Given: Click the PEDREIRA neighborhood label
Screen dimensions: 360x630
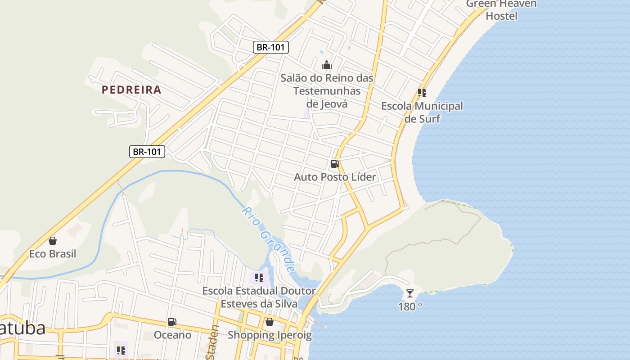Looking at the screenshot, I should [x=131, y=90].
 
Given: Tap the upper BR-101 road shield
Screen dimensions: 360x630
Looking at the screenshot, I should [x=270, y=47].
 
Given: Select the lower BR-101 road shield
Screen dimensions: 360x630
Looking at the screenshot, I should [x=147, y=152].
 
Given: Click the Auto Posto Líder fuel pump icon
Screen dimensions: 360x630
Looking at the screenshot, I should [x=335, y=164].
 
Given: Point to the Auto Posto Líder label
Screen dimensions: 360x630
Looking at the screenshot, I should [x=335, y=177].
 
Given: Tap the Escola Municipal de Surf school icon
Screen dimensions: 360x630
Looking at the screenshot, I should [x=422, y=93].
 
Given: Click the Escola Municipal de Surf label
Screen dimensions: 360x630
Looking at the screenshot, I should [x=422, y=112].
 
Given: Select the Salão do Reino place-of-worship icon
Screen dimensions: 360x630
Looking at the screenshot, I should [x=327, y=65].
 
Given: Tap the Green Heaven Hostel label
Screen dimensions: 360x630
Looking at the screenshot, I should [x=501, y=10].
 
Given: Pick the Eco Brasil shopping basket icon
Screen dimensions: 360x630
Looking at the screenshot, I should [x=53, y=241].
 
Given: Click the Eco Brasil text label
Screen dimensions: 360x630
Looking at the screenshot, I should [x=53, y=254].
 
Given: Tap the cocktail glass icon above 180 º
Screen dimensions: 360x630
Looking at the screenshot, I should [x=409, y=293].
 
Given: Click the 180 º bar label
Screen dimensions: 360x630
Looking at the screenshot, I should [x=410, y=306].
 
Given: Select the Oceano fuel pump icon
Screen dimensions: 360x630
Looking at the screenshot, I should [x=172, y=322].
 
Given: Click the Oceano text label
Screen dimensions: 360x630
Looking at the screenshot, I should [x=172, y=335].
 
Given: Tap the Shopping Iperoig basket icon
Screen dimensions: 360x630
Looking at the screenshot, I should [x=269, y=322].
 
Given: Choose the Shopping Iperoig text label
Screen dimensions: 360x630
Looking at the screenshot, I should [x=269, y=335].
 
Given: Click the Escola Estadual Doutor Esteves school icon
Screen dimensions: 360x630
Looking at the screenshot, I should [x=259, y=278].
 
